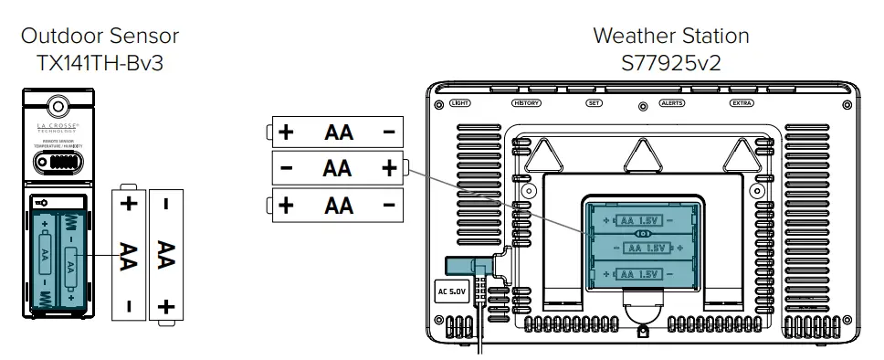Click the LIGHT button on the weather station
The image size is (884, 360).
tap(461, 103)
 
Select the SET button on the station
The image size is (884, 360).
tap(595, 103)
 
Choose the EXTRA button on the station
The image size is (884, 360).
tap(742, 103)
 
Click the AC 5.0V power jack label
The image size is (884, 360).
tap(451, 292)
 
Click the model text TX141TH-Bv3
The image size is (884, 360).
tap(100, 64)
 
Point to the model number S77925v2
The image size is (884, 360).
tap(670, 64)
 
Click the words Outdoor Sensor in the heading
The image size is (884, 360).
tap(100, 37)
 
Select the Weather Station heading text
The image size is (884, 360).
tap(670, 37)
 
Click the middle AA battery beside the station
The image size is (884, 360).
tap(338, 168)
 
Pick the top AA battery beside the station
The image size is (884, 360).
tap(338, 132)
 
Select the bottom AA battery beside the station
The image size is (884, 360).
tap(338, 205)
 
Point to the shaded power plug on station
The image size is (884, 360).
tap(468, 265)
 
